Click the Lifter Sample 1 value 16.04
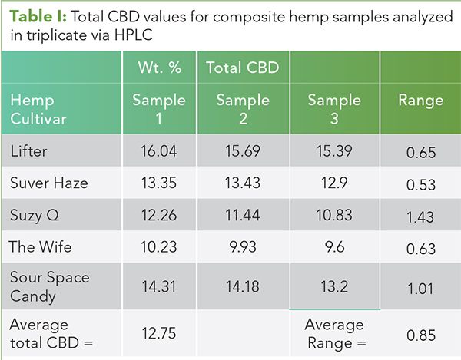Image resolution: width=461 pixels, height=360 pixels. (x=159, y=151)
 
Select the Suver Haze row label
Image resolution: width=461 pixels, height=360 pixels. (x=49, y=183)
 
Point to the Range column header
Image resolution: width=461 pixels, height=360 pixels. (x=420, y=101)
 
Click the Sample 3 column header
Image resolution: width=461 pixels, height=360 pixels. (x=334, y=109)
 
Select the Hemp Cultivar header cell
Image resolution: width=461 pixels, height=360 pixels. (x=38, y=109)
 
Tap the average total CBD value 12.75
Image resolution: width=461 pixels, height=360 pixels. (x=159, y=332)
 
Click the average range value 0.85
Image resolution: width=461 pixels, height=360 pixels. (x=420, y=334)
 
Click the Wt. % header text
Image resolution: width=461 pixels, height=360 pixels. (x=158, y=68)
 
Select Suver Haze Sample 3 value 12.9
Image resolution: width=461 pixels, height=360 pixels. (x=333, y=183)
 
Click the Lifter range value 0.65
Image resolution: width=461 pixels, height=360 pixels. (x=420, y=154)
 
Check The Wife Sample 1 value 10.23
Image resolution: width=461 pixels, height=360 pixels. (x=159, y=247)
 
